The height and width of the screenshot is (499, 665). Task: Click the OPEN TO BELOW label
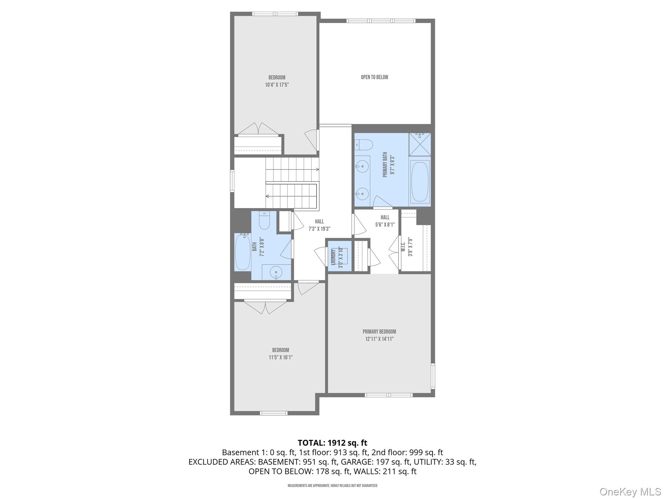[374, 77]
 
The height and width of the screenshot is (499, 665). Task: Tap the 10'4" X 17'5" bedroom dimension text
[277, 85]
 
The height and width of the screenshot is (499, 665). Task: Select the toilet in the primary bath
[363, 145]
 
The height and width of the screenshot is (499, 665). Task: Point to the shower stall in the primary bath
[420, 144]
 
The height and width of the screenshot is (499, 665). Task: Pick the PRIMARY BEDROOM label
[379, 332]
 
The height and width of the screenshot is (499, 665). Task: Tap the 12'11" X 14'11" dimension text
[379, 339]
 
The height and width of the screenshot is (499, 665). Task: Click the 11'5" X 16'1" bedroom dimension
[281, 357]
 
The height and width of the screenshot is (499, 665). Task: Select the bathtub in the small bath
[242, 252]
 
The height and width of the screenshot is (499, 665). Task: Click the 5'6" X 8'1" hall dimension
[385, 224]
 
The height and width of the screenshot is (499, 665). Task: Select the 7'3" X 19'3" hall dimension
[319, 229]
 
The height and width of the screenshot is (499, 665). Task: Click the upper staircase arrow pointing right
[317, 170]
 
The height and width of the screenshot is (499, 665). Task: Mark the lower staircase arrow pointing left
[268, 196]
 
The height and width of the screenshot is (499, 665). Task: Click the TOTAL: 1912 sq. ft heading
[332, 443]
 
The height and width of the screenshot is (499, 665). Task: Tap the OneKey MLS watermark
[630, 492]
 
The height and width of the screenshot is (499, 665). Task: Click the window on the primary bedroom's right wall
[433, 376]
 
